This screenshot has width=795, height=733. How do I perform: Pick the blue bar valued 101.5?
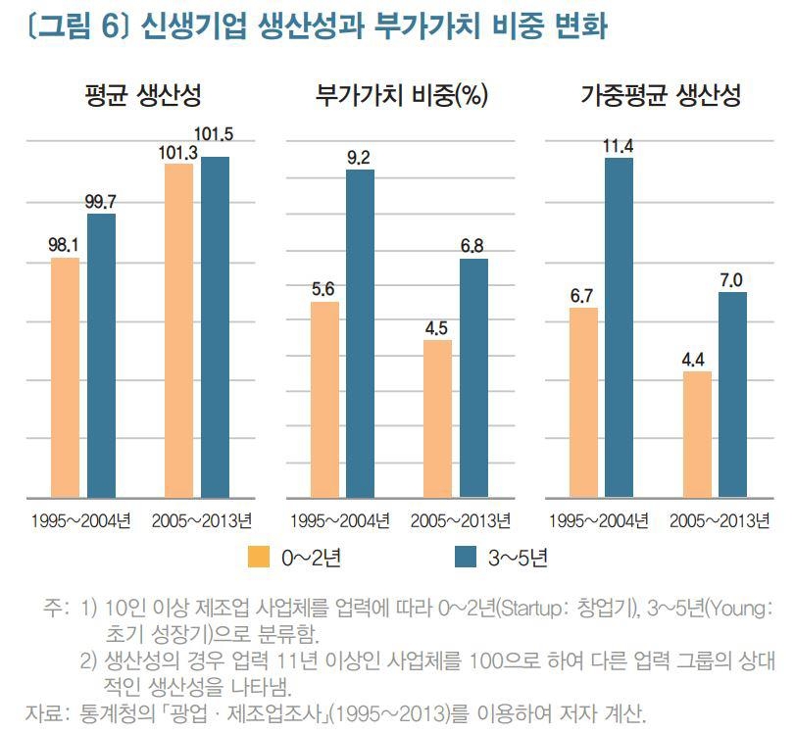[x=216, y=327]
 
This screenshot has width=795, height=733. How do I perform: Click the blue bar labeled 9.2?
[x=360, y=333]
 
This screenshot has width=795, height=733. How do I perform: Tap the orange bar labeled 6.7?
[x=583, y=403]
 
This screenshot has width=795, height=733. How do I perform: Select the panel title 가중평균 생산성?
[x=660, y=96]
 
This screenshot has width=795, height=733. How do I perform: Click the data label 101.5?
[x=216, y=134]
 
